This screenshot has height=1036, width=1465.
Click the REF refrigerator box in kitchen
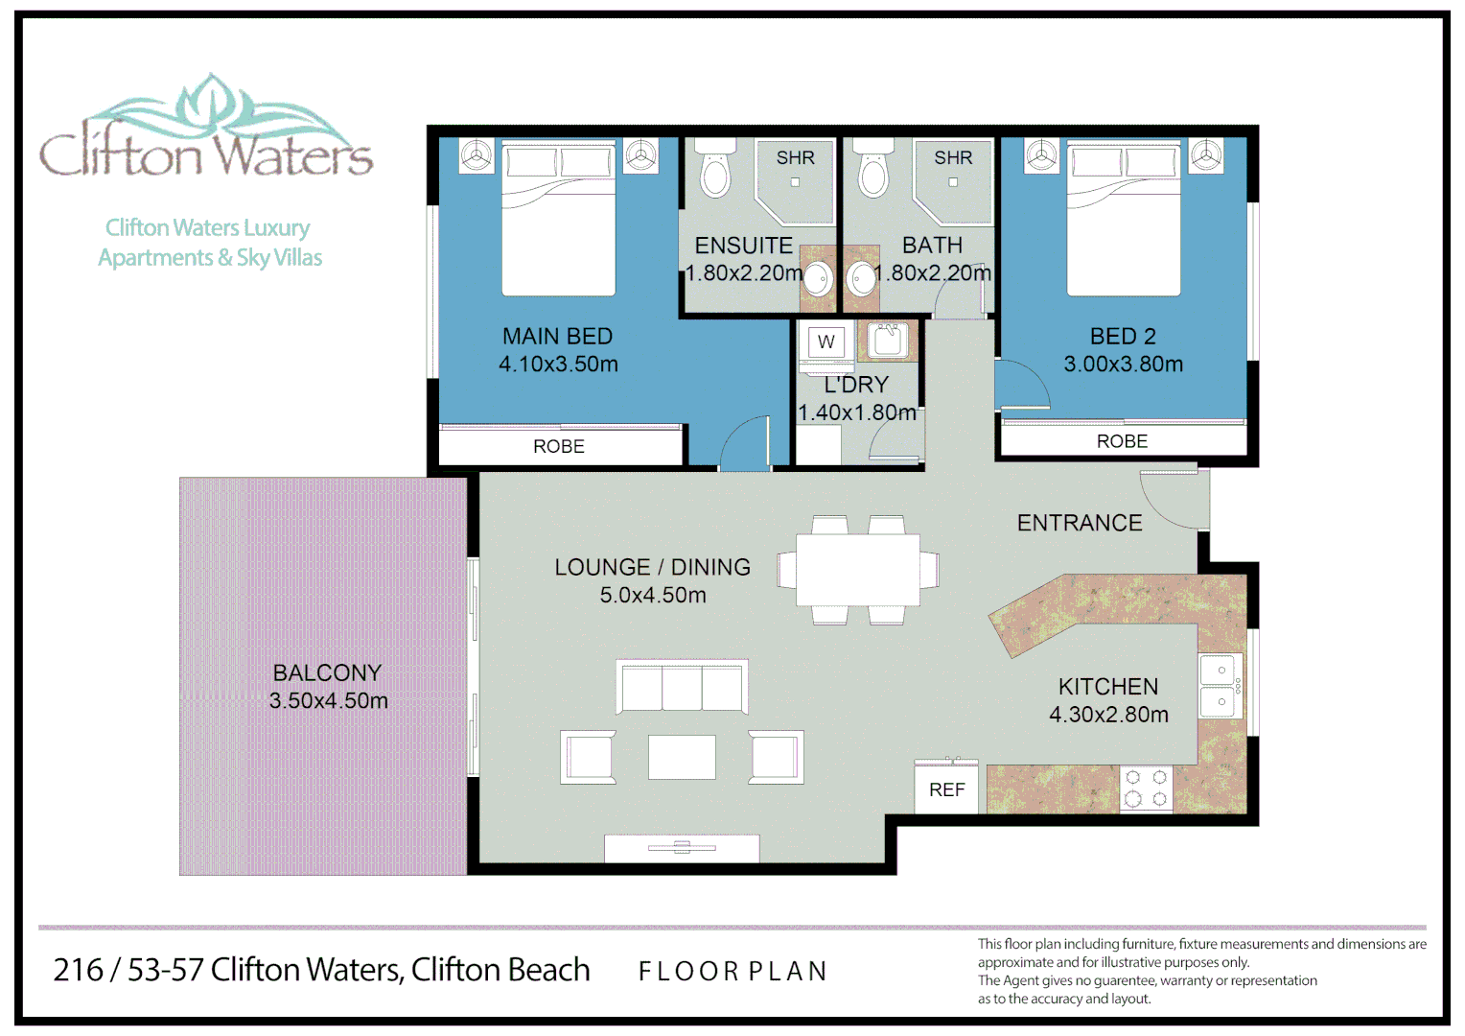tap(946, 789)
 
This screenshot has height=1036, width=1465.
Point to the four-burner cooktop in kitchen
tap(1146, 789)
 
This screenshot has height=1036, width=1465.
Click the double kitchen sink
tap(1221, 686)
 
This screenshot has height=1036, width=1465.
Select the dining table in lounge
tap(857, 570)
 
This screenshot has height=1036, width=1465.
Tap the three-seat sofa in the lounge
tap(682, 687)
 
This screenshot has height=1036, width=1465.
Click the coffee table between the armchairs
tap(682, 757)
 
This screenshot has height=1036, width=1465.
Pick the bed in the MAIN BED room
tap(558, 221)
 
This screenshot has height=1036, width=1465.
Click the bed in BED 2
tap(1124, 221)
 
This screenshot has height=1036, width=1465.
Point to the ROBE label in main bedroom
tap(559, 447)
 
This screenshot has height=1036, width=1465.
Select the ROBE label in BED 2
tap(1122, 441)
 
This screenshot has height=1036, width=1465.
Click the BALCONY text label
tap(327, 672)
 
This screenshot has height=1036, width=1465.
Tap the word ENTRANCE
tap(1080, 523)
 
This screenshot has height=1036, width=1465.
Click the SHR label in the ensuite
tap(795, 157)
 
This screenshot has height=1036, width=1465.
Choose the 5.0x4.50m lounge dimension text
tap(653, 596)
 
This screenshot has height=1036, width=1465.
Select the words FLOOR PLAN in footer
tap(732, 972)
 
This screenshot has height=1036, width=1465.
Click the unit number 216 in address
tap(78, 971)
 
